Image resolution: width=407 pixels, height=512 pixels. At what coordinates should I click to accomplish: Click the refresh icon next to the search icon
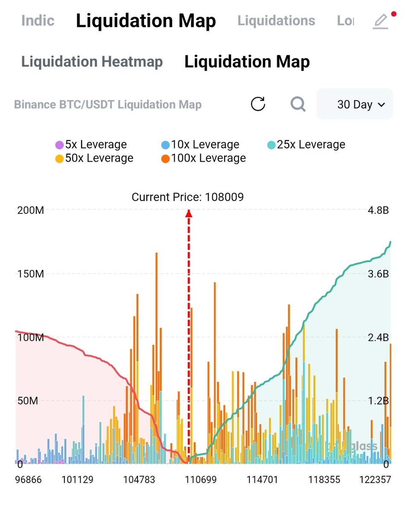(x=258, y=104)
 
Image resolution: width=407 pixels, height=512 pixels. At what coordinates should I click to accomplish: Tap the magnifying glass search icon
(x=298, y=104)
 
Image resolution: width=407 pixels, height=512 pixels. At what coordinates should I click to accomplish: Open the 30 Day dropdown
(x=354, y=105)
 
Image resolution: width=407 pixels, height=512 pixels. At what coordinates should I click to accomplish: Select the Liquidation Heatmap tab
(x=92, y=62)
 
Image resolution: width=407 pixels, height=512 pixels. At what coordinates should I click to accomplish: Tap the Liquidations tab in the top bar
(x=276, y=20)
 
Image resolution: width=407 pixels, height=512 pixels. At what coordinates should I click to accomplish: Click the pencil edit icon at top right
(x=380, y=21)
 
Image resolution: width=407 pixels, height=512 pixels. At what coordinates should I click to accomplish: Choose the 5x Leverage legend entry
(x=91, y=145)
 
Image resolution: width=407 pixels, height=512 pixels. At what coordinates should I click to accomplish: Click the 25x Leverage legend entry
(x=306, y=145)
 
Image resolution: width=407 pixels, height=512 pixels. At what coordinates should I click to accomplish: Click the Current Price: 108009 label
(x=187, y=197)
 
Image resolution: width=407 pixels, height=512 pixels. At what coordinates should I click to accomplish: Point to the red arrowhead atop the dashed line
(x=188, y=213)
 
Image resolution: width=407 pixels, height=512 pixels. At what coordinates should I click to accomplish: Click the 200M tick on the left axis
(x=30, y=210)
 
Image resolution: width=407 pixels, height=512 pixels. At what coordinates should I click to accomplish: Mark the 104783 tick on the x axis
(x=139, y=480)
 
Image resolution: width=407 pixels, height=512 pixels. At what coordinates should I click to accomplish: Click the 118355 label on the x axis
(x=324, y=480)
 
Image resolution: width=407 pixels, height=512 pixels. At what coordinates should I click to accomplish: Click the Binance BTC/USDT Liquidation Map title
(x=108, y=105)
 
